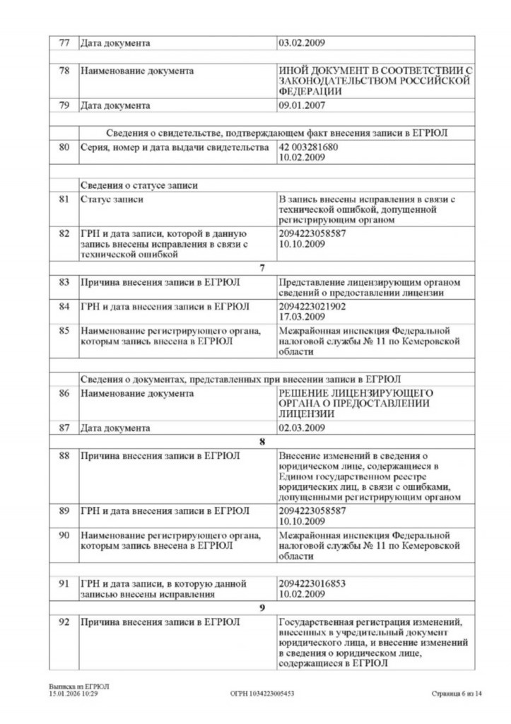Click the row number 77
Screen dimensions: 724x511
[64, 43]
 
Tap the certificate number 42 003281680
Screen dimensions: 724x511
[309, 147]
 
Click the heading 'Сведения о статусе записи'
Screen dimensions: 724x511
[138, 185]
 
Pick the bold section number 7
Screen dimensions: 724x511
[262, 268]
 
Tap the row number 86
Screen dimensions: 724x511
[64, 393]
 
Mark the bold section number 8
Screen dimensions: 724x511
[262, 441]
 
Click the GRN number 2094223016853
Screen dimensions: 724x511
[312, 584]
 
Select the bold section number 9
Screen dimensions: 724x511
[262, 607]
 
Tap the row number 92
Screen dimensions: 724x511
[64, 622]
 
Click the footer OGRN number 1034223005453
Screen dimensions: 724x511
[262, 694]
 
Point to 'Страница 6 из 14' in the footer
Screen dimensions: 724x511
[457, 694]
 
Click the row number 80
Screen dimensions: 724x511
[64, 147]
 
